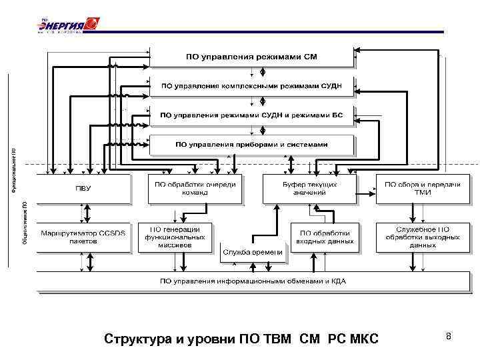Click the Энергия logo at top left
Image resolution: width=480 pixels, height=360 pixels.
click(67, 25)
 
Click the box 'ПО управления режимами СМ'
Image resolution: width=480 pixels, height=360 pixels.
click(251, 57)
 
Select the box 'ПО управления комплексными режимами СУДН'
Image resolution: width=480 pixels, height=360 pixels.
click(251, 86)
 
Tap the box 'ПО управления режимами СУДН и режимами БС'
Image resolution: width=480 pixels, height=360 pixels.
click(251, 115)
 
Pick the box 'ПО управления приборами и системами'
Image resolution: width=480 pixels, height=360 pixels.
click(251, 144)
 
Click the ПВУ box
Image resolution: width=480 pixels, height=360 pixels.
click(83, 189)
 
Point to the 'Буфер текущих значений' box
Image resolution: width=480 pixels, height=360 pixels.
click(309, 189)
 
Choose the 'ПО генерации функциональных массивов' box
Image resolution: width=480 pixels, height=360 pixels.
click(177, 237)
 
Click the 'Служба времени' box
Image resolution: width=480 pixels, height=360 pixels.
click(253, 252)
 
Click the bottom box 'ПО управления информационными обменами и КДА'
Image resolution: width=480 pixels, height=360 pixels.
click(253, 281)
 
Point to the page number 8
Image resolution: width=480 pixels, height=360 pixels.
click(449, 337)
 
